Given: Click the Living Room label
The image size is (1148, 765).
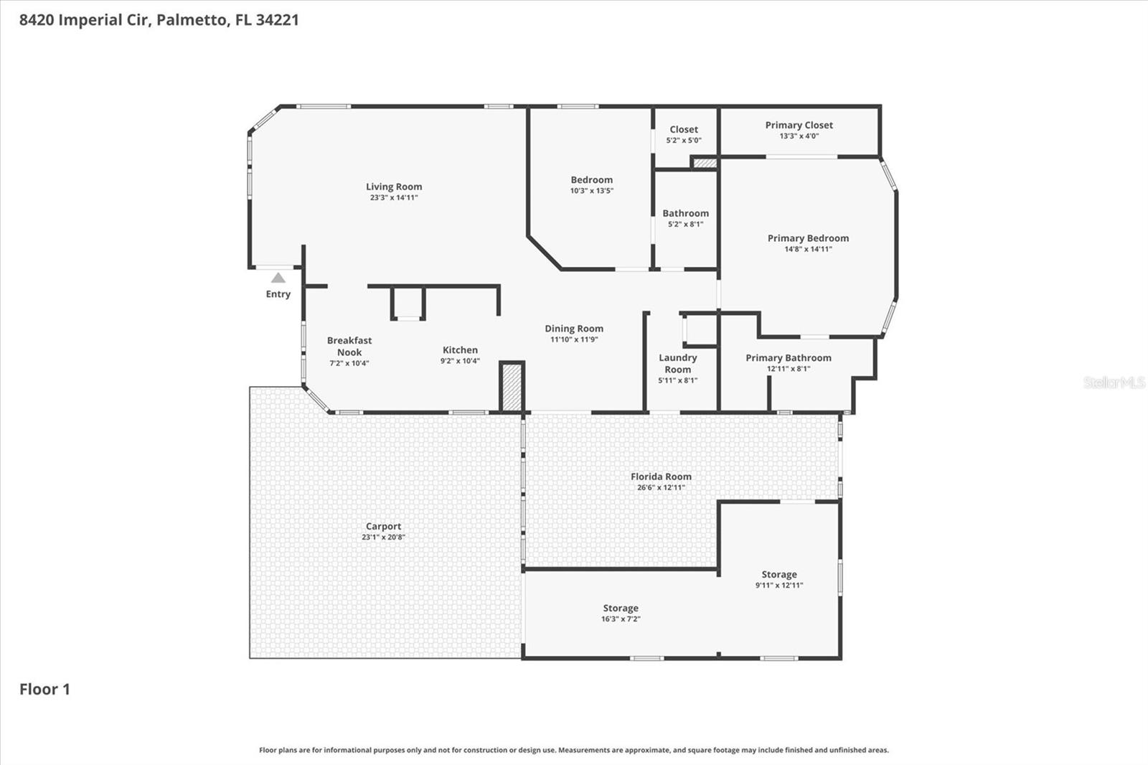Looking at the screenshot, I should point(394,187).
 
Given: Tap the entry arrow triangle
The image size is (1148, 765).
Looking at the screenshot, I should point(278,278).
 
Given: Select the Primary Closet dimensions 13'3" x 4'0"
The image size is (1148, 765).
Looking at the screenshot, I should point(799,136).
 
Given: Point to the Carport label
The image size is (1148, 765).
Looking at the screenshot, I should point(383,526).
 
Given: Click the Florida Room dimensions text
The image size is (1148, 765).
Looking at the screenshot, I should point(661,487).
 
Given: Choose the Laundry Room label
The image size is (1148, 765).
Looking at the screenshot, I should point(677,363).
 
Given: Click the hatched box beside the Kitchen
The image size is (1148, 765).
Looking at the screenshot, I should point(512,388).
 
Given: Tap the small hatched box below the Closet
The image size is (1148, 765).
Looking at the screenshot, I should point(705,164).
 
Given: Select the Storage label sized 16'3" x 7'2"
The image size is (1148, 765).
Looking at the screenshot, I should point(620,608).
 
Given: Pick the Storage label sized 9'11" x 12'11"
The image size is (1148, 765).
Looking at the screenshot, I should point(778,574).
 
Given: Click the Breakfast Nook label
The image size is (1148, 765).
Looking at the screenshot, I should point(349,346).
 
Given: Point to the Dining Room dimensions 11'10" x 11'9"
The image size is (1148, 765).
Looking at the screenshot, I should point(573,339).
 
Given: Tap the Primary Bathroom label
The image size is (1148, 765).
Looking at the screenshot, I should point(788,357).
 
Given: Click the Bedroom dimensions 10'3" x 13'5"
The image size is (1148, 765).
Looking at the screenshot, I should point(591,191).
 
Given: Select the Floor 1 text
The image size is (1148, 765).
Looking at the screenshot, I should point(44,689).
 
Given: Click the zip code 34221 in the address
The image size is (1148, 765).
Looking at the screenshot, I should point(277,19).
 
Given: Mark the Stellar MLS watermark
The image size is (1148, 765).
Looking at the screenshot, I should point(1114,382).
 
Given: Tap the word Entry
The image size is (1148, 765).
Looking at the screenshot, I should point(278,294).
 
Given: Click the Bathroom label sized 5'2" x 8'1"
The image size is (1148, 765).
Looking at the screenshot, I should point(685,213).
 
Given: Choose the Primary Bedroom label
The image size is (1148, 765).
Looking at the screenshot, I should point(808,238).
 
